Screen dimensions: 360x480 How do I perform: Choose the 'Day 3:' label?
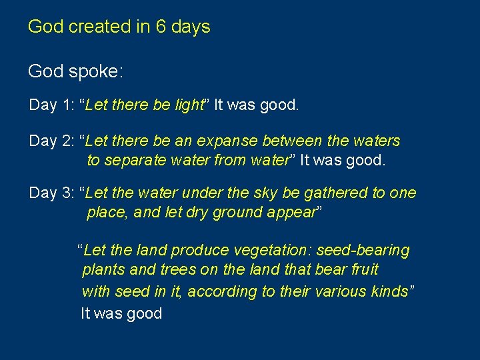[51, 193]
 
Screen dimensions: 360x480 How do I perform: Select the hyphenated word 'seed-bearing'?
[363, 251]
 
